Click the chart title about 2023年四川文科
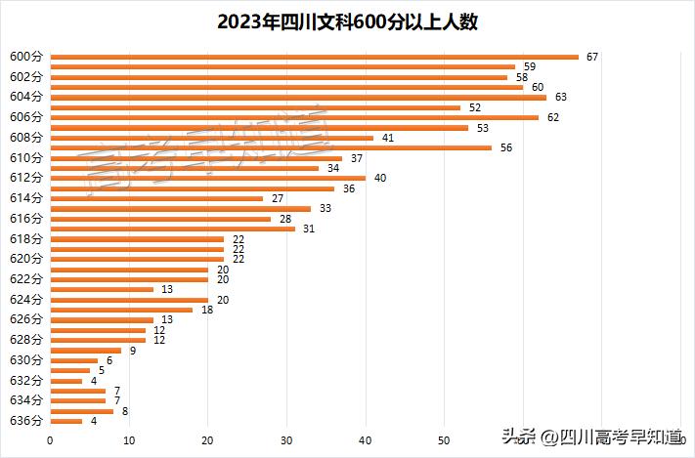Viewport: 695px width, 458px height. [x=347, y=22]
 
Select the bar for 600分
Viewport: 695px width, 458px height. [x=314, y=57]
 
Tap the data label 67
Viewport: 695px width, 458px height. [x=591, y=57]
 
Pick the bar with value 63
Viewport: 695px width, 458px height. [x=298, y=97]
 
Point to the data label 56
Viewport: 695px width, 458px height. [x=505, y=147]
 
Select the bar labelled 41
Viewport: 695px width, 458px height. [x=211, y=138]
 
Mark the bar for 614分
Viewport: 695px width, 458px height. [x=156, y=198]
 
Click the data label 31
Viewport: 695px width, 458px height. [x=308, y=229]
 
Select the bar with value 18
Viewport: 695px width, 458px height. [x=121, y=310]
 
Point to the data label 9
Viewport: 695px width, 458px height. [x=132, y=351]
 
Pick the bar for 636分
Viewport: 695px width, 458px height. [x=65, y=421]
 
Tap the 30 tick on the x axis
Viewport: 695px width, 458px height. [x=286, y=440]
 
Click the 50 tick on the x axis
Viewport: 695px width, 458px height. [x=444, y=440]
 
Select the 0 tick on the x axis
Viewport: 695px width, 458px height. [x=50, y=440]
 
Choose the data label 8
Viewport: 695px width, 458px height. [x=124, y=411]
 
